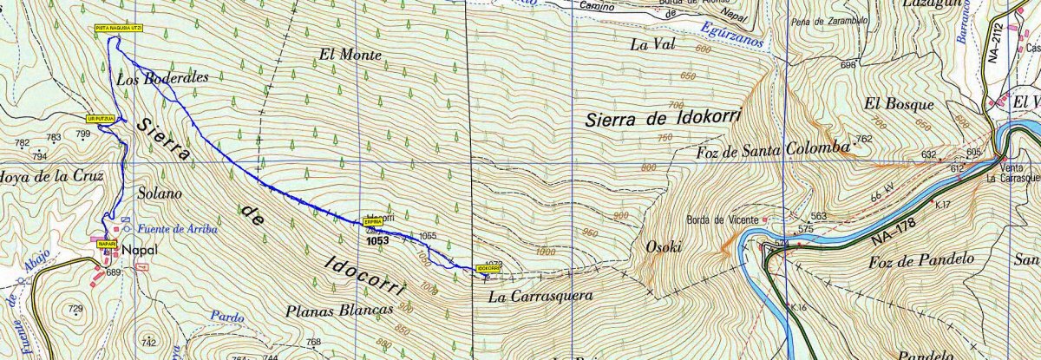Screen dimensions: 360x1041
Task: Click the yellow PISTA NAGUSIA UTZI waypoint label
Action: click(x=119, y=29)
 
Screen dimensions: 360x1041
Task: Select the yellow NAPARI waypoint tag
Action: click(x=106, y=244)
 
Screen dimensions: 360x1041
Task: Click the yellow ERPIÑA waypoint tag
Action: click(x=373, y=223)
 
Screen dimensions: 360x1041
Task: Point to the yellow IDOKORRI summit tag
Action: click(x=488, y=268)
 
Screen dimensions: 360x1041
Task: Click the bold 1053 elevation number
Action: click(x=377, y=241)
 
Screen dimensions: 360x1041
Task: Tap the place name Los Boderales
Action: click(x=162, y=77)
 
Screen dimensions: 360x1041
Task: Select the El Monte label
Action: click(x=350, y=55)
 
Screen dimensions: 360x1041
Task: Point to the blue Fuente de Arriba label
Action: click(x=177, y=229)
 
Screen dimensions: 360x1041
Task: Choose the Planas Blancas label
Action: click(x=338, y=310)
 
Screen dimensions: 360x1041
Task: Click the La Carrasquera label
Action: click(x=540, y=296)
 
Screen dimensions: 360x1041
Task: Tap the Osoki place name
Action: click(x=665, y=247)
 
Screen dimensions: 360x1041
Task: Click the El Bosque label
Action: click(x=899, y=103)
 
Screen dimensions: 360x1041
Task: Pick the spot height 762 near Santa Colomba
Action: click(x=863, y=139)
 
